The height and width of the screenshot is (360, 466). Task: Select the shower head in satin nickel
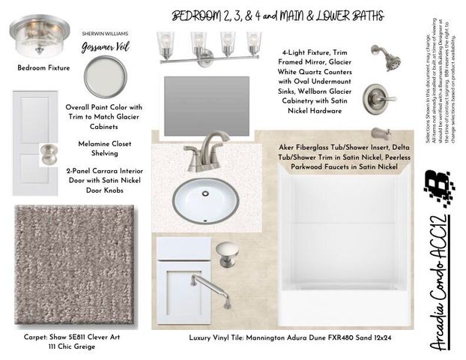tap(387, 58)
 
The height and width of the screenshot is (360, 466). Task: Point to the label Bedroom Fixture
tap(43, 68)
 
